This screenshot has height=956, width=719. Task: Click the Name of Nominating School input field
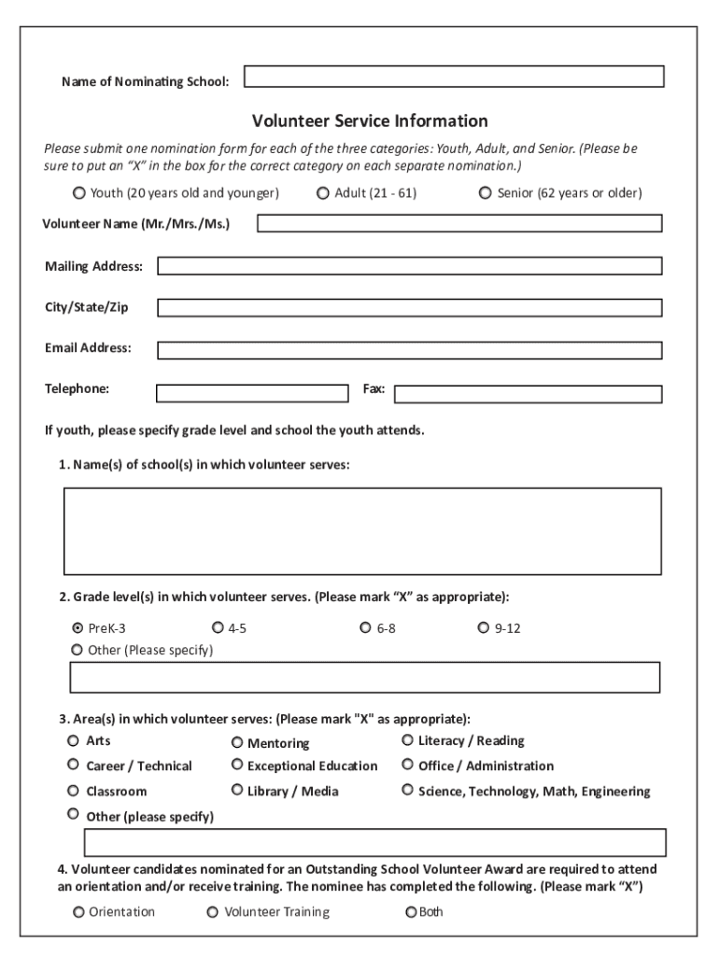click(x=454, y=77)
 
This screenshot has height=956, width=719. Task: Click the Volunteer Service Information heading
click(x=370, y=121)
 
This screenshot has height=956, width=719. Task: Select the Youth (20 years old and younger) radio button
click(x=78, y=193)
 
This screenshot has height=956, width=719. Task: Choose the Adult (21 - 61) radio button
click(x=323, y=193)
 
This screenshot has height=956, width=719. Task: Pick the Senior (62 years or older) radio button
click(x=486, y=193)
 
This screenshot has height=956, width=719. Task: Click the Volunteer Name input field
click(x=459, y=223)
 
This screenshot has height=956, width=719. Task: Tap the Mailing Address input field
click(x=409, y=266)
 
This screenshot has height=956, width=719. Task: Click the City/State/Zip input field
click(x=409, y=307)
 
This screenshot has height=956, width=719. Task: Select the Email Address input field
click(x=409, y=350)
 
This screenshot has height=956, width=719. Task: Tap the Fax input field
click(x=528, y=394)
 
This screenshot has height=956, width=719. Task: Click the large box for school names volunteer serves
click(x=362, y=530)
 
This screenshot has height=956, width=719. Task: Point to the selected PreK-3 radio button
click(x=78, y=628)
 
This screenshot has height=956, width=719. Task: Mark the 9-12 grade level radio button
click(x=483, y=628)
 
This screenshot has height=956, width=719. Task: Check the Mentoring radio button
click(x=237, y=743)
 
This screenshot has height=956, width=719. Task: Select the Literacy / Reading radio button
click(x=408, y=740)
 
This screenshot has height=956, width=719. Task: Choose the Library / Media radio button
click(x=237, y=790)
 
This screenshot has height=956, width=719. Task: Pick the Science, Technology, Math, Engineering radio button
click(x=408, y=790)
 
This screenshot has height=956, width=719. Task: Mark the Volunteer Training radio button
click(x=213, y=912)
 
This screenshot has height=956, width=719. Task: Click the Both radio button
click(x=411, y=912)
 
